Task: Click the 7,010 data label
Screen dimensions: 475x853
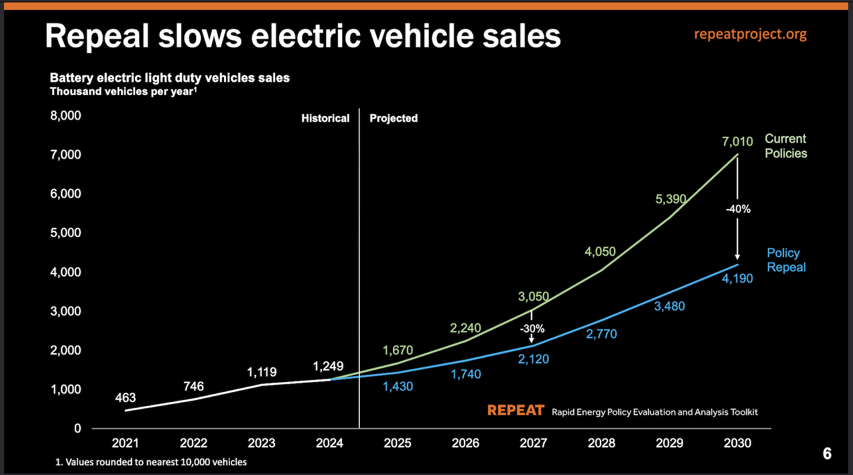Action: (737, 141)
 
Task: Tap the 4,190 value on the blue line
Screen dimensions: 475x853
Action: (737, 279)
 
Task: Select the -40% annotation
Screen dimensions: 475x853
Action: (738, 209)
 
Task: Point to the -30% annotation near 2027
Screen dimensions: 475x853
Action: (532, 329)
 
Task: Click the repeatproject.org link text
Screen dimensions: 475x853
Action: (750, 34)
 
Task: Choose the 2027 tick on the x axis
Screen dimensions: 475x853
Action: (533, 443)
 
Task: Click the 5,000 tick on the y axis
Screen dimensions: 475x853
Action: (66, 233)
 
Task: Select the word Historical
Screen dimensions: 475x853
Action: (325, 118)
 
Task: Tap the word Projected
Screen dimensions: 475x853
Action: (393, 118)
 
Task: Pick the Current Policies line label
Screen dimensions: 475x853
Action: (785, 146)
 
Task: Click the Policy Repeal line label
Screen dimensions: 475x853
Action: (786, 260)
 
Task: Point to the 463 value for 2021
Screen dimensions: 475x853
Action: (125, 398)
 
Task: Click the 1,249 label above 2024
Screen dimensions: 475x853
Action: (328, 366)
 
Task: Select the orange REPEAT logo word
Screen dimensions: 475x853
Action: (516, 410)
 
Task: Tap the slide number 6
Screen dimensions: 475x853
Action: (827, 454)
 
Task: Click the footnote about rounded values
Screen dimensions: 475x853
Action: (151, 462)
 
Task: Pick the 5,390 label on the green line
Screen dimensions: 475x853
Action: (671, 199)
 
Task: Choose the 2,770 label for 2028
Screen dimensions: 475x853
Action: (601, 334)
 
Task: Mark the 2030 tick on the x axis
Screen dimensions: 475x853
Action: (737, 443)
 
